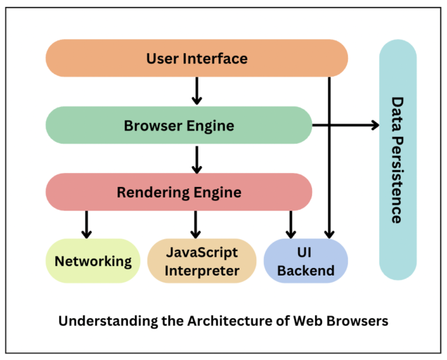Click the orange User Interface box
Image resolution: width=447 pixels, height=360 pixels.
point(196,59)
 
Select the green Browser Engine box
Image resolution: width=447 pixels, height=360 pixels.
point(178,126)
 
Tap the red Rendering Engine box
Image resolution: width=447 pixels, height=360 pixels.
point(178,192)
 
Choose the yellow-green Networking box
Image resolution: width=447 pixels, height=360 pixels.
point(93,261)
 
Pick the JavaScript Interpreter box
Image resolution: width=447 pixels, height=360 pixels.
point(202,261)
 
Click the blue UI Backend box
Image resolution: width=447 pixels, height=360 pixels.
point(305,261)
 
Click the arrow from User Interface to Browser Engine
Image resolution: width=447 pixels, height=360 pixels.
point(196,91)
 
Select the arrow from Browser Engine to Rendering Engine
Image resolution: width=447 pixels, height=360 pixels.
point(196,158)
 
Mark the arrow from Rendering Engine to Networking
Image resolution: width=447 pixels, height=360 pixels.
point(87,224)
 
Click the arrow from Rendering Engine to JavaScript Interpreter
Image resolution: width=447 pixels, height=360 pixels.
point(196,224)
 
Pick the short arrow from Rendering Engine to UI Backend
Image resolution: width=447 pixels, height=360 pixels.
point(291,224)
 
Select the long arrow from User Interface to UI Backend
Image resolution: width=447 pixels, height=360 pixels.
point(330,167)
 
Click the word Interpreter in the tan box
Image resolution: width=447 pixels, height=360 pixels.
point(202,270)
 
